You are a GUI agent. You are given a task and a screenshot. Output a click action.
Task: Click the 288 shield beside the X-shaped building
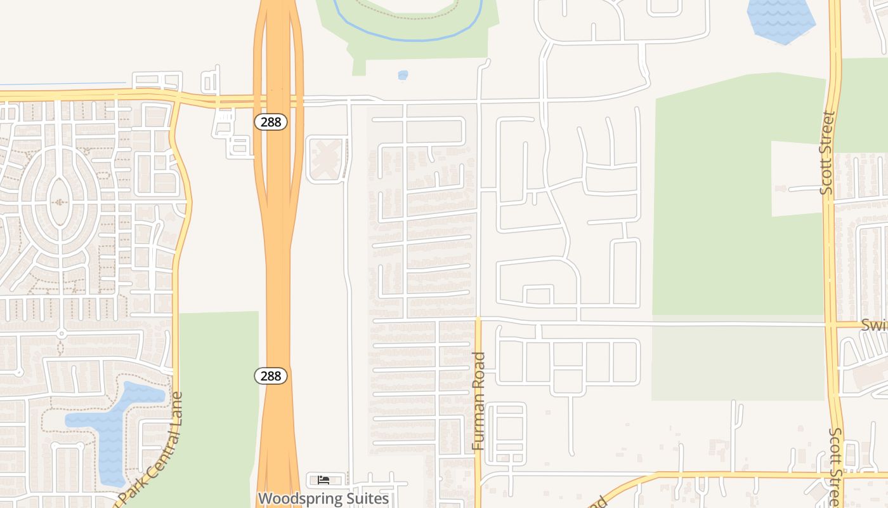coord(271,122)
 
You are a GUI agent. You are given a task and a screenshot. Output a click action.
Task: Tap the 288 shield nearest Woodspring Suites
coord(271,376)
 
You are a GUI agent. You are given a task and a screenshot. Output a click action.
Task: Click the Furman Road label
coord(480,401)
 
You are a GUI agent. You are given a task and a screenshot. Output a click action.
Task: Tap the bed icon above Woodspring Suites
coord(323,480)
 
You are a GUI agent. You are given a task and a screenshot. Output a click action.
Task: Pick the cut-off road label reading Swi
coord(874,325)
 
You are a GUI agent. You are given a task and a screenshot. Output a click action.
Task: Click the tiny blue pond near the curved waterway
coord(403,75)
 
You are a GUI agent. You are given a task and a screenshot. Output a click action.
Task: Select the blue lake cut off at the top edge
coord(781,19)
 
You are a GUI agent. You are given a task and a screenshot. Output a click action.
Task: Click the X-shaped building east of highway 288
coord(326,158)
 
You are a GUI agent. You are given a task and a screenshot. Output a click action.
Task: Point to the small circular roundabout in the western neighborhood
coord(62,333)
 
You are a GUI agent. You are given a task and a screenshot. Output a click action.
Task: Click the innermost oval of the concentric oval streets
coord(60,201)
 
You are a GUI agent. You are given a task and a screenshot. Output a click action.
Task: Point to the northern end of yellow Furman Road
coord(478,321)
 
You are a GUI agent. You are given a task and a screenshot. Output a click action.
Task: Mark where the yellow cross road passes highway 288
coord(277,99)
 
